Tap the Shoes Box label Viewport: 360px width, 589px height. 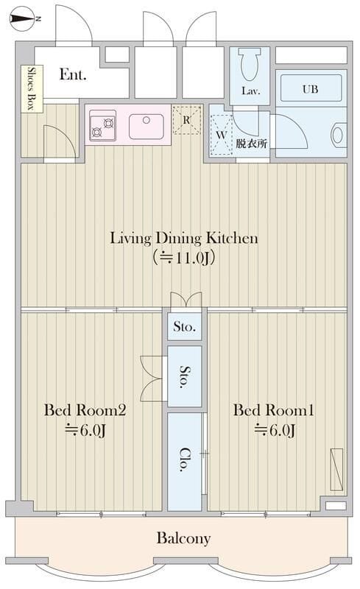click(x=32, y=88)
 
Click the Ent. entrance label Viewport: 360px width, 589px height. click(x=73, y=74)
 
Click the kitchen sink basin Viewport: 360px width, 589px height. click(x=147, y=127)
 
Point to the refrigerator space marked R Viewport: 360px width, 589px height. click(x=187, y=120)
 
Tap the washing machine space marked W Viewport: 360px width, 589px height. click(x=222, y=135)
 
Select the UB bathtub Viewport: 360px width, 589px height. click(x=311, y=88)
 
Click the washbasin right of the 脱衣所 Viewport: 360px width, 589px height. click(x=337, y=135)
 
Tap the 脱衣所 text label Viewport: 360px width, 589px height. click(x=251, y=144)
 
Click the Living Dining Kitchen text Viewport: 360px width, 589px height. click(x=184, y=238)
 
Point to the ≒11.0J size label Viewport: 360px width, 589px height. click(x=184, y=258)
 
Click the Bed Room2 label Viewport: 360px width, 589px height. click(x=85, y=410)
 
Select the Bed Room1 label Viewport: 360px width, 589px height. click(x=274, y=410)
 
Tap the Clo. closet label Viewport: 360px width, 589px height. click(x=184, y=459)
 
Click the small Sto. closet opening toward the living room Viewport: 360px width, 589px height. click(x=185, y=326)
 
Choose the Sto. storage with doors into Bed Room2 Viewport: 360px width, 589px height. click(x=185, y=376)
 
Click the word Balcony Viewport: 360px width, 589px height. click(x=183, y=538)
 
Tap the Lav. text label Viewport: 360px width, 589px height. click(x=251, y=91)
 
